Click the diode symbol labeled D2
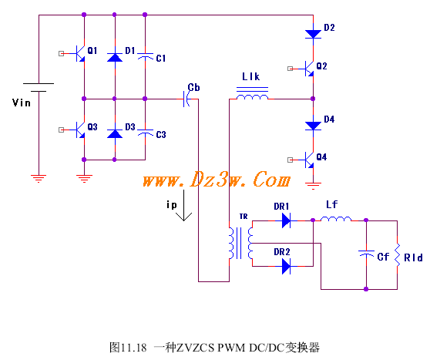[313, 34]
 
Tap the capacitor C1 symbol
[145, 56]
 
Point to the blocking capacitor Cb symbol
[186, 99]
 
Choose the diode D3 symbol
[115, 133]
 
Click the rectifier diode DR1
[287, 220]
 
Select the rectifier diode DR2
[287, 266]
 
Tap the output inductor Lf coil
[336, 219]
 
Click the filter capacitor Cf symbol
[366, 254]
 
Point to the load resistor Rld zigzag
[397, 254]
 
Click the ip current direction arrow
[183, 205]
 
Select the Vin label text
[21, 103]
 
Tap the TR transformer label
[244, 217]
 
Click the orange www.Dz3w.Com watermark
[217, 180]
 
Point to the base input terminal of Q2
[291, 69]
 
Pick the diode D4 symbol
[313, 126]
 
